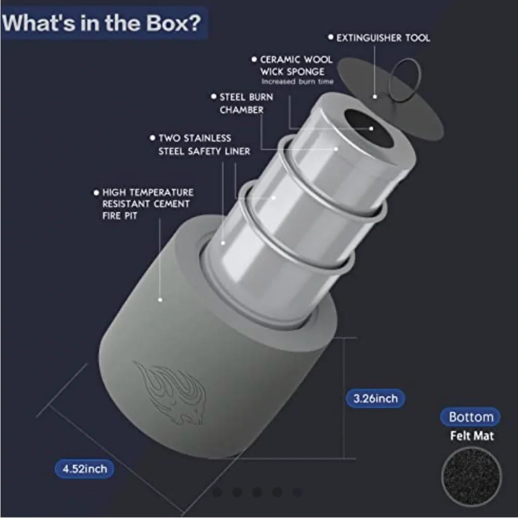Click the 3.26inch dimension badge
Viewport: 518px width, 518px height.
(x=375, y=398)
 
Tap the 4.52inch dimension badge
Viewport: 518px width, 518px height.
(x=84, y=469)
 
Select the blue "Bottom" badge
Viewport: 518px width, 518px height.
(x=471, y=417)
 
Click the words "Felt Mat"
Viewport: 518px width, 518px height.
(x=472, y=436)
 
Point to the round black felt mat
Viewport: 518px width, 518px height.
(x=471, y=477)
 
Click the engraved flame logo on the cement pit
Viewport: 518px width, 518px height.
(x=170, y=393)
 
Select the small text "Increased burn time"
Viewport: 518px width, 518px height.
(x=297, y=82)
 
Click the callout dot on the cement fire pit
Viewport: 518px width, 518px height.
(x=160, y=299)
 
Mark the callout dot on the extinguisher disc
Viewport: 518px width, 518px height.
(x=375, y=97)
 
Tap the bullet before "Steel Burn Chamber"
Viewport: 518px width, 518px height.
(x=213, y=96)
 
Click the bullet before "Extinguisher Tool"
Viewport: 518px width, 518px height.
(x=330, y=37)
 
